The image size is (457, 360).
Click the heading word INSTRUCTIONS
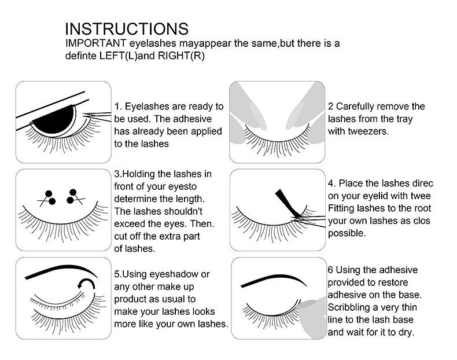[126, 30]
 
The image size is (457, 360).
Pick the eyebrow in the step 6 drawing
[275, 280]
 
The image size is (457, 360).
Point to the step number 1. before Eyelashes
[118, 106]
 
